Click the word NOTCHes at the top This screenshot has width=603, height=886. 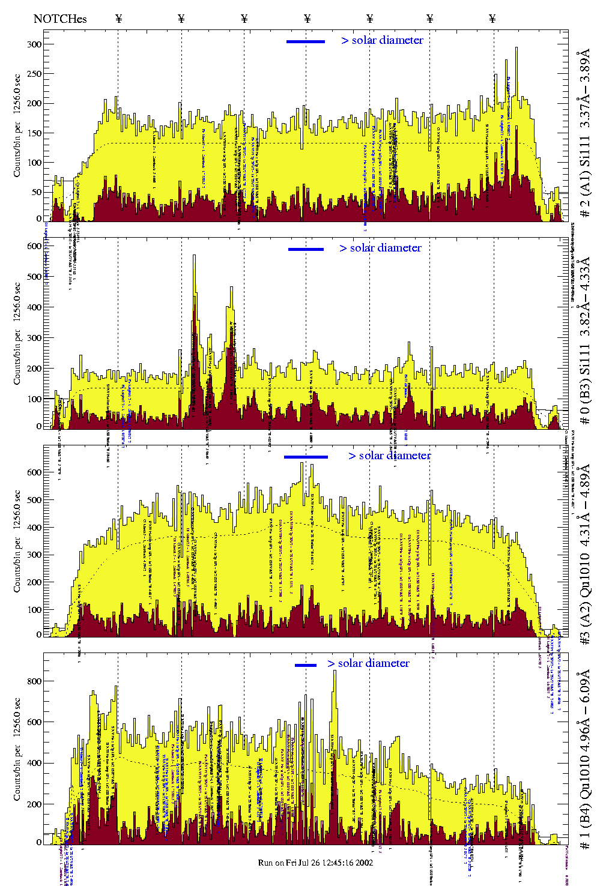click(x=60, y=19)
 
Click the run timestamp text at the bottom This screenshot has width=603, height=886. click(x=315, y=863)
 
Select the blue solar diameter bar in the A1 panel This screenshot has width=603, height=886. click(x=306, y=41)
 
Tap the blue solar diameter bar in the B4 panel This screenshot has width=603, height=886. click(x=306, y=665)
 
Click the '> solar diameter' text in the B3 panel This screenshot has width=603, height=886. click(x=380, y=248)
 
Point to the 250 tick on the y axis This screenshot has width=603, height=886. click(x=34, y=74)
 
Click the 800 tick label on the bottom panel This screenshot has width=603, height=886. click(x=34, y=681)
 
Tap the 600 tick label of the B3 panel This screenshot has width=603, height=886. click(x=34, y=246)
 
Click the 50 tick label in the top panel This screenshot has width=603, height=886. click(x=37, y=192)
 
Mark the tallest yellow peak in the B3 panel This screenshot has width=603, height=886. click(x=194, y=256)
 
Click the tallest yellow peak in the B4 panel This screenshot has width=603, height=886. click(x=335, y=672)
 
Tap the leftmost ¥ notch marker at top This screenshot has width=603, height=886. click(x=118, y=19)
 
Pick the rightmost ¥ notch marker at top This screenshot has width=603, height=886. click(x=492, y=19)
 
